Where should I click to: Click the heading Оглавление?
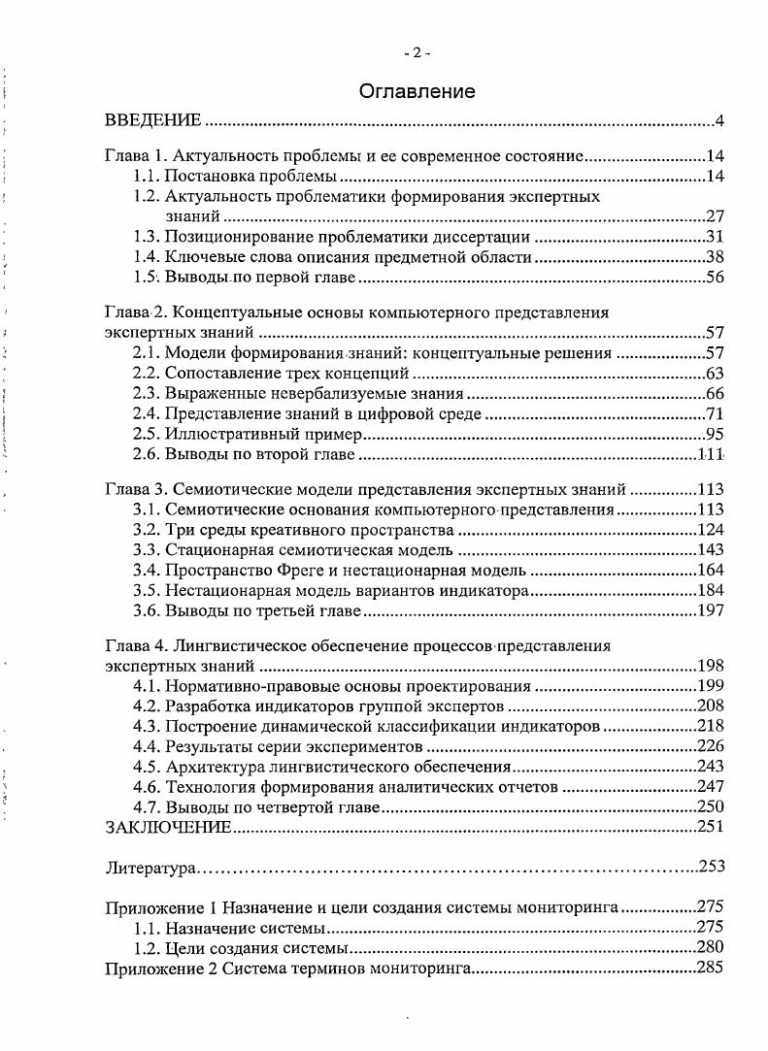tap(417, 92)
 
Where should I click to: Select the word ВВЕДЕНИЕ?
tap(153, 121)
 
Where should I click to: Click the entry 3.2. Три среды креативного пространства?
tap(293, 529)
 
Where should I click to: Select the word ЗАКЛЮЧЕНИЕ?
tap(168, 827)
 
